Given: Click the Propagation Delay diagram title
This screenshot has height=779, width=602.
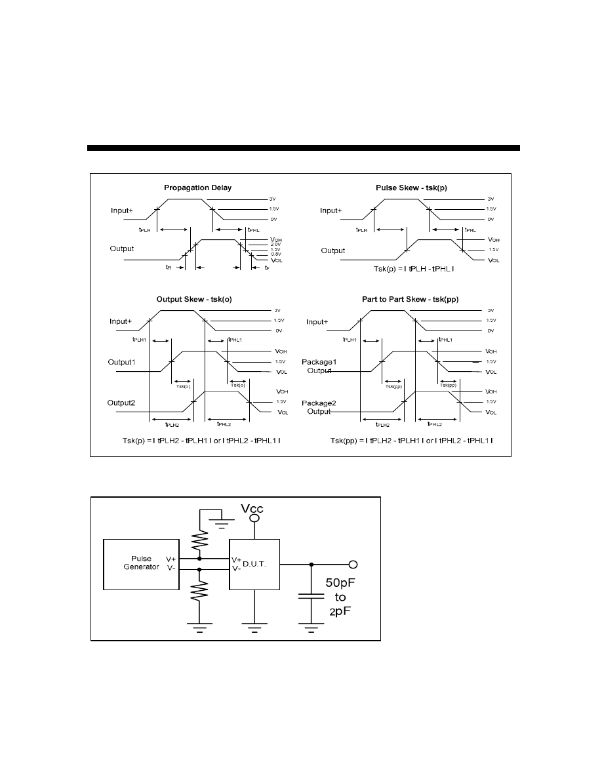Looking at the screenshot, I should coord(197,188).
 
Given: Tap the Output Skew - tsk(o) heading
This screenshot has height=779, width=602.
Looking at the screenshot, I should coord(194,299).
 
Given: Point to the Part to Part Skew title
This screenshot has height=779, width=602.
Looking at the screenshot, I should coord(410,299).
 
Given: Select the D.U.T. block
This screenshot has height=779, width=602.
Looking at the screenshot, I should coord(254,564).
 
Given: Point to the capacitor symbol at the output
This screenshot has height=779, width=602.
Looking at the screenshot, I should coord(311,597).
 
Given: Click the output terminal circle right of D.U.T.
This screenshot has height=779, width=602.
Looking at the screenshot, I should coord(353,564).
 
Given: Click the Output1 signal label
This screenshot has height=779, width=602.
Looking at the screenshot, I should coord(123,362).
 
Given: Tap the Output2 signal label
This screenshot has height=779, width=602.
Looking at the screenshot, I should coord(123,402).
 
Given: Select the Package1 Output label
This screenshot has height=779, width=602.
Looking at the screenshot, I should coord(318,366).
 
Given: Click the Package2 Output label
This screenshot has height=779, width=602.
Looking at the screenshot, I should coord(318,407).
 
